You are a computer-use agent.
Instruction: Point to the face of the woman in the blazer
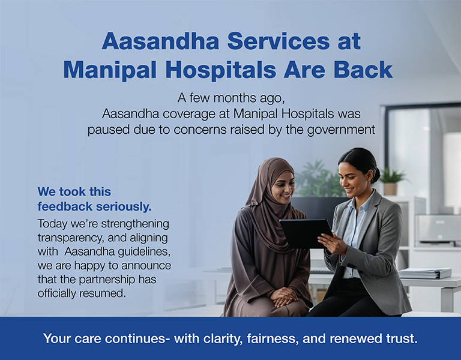pos(352,173)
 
